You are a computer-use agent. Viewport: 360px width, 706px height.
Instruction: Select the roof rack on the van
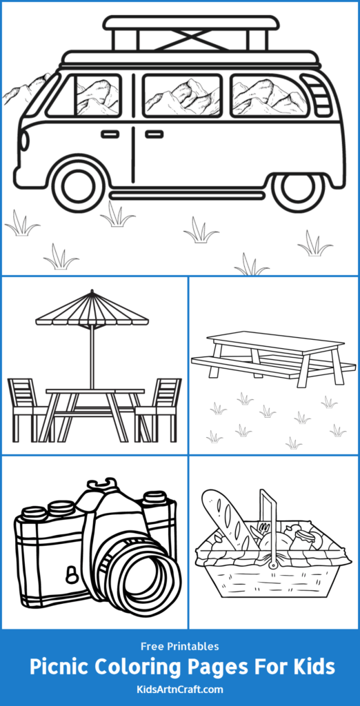(191, 33)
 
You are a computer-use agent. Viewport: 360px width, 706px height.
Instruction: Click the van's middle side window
(183, 96)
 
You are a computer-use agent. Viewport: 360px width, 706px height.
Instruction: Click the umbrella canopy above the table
(92, 310)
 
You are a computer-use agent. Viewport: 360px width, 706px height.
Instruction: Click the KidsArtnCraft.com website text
(179, 688)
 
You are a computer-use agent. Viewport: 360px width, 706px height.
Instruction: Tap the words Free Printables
(179, 646)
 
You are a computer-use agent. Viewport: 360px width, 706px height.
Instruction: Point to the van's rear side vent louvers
(319, 97)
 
